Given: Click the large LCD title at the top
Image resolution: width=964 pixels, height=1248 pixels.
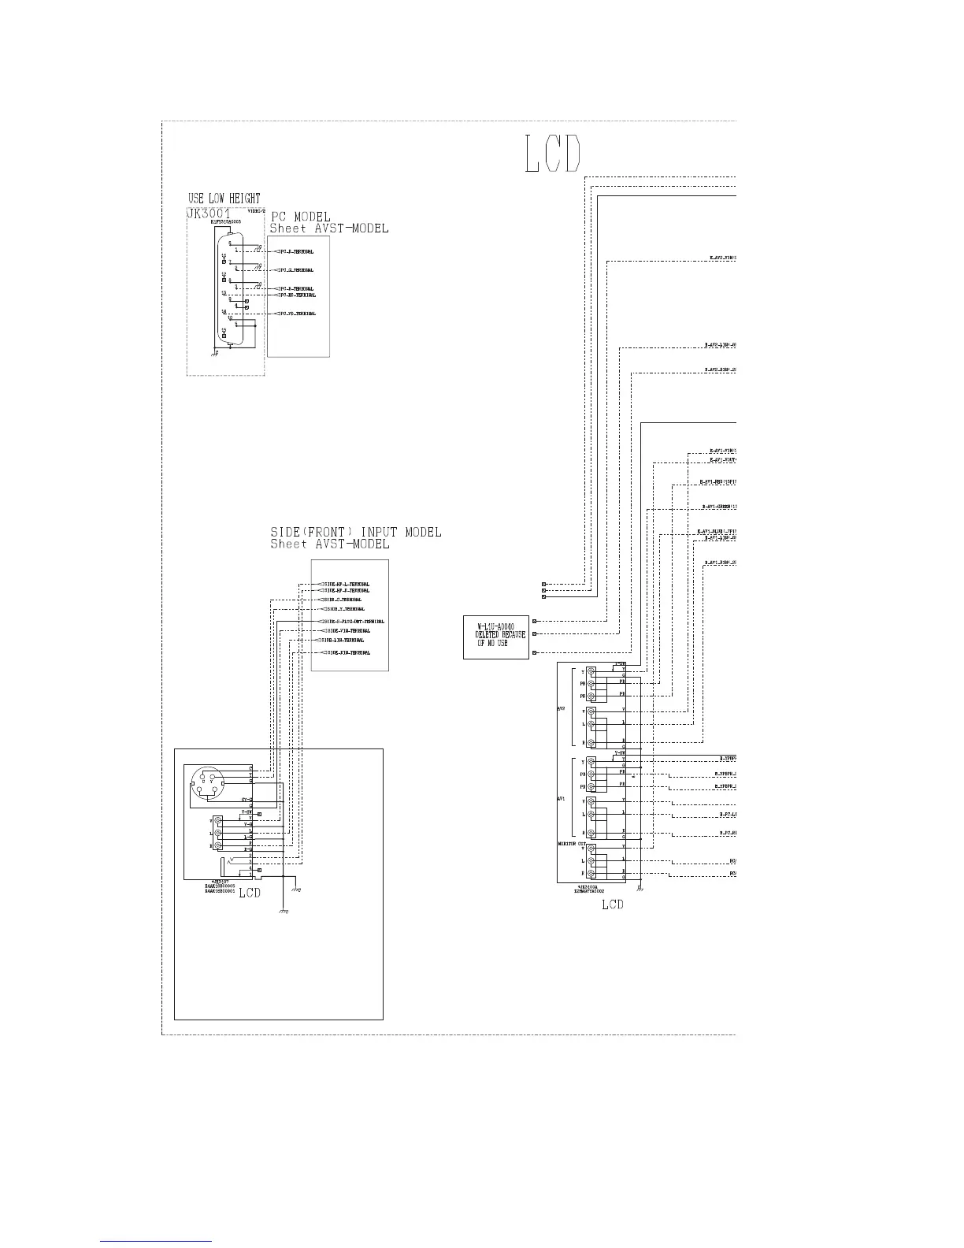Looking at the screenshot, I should click(553, 155).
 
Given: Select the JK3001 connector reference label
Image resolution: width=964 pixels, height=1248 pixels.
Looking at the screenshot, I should click(209, 214).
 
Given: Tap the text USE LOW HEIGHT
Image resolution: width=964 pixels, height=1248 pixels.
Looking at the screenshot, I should click(224, 199).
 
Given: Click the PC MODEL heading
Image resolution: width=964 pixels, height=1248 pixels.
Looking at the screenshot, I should click(300, 217).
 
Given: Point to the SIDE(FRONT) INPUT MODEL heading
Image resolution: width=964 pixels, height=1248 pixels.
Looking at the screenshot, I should click(355, 533).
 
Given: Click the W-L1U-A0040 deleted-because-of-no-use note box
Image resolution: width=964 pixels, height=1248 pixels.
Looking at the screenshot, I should click(495, 637).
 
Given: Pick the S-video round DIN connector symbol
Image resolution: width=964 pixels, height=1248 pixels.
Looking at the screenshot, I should click(208, 786).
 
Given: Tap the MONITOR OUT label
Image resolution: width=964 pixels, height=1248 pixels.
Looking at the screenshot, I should click(571, 843).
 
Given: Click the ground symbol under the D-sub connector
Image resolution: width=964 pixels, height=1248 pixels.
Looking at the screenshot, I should click(215, 354).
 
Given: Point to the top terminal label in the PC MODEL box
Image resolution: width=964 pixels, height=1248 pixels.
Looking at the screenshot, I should click(295, 252).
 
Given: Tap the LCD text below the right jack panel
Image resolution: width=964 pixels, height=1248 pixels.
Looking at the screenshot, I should click(612, 904).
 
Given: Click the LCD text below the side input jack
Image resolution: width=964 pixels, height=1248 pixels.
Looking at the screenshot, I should click(250, 893).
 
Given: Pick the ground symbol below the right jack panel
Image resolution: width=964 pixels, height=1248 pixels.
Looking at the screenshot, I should click(640, 890).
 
